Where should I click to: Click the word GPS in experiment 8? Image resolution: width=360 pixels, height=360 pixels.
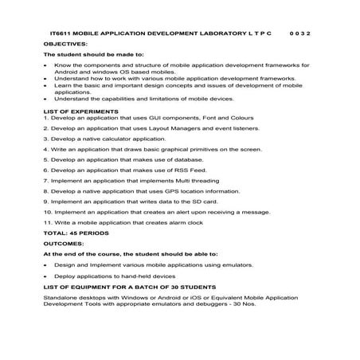(172, 191)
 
